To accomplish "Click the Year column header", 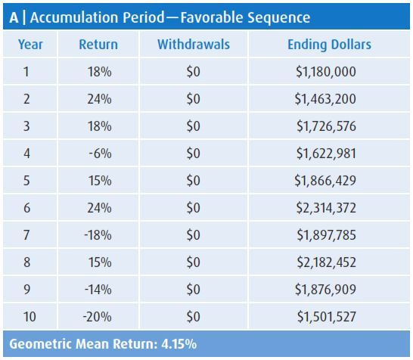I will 30,45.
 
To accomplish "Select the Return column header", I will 98,45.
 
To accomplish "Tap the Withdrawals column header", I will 193,45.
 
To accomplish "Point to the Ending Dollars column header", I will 329,45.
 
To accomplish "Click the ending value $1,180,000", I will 325,73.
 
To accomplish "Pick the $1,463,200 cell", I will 325,100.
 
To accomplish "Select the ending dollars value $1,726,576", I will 325,126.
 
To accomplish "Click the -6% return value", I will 100,154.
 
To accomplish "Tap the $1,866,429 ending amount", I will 325,181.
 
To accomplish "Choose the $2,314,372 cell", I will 325,208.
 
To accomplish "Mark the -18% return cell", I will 98,235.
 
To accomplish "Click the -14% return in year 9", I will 98,289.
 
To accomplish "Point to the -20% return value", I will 98,316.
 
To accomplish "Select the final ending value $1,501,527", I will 325,316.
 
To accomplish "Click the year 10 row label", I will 30,316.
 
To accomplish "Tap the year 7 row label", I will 30,235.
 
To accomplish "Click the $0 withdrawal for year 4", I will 193,154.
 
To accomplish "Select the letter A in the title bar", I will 13,16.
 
